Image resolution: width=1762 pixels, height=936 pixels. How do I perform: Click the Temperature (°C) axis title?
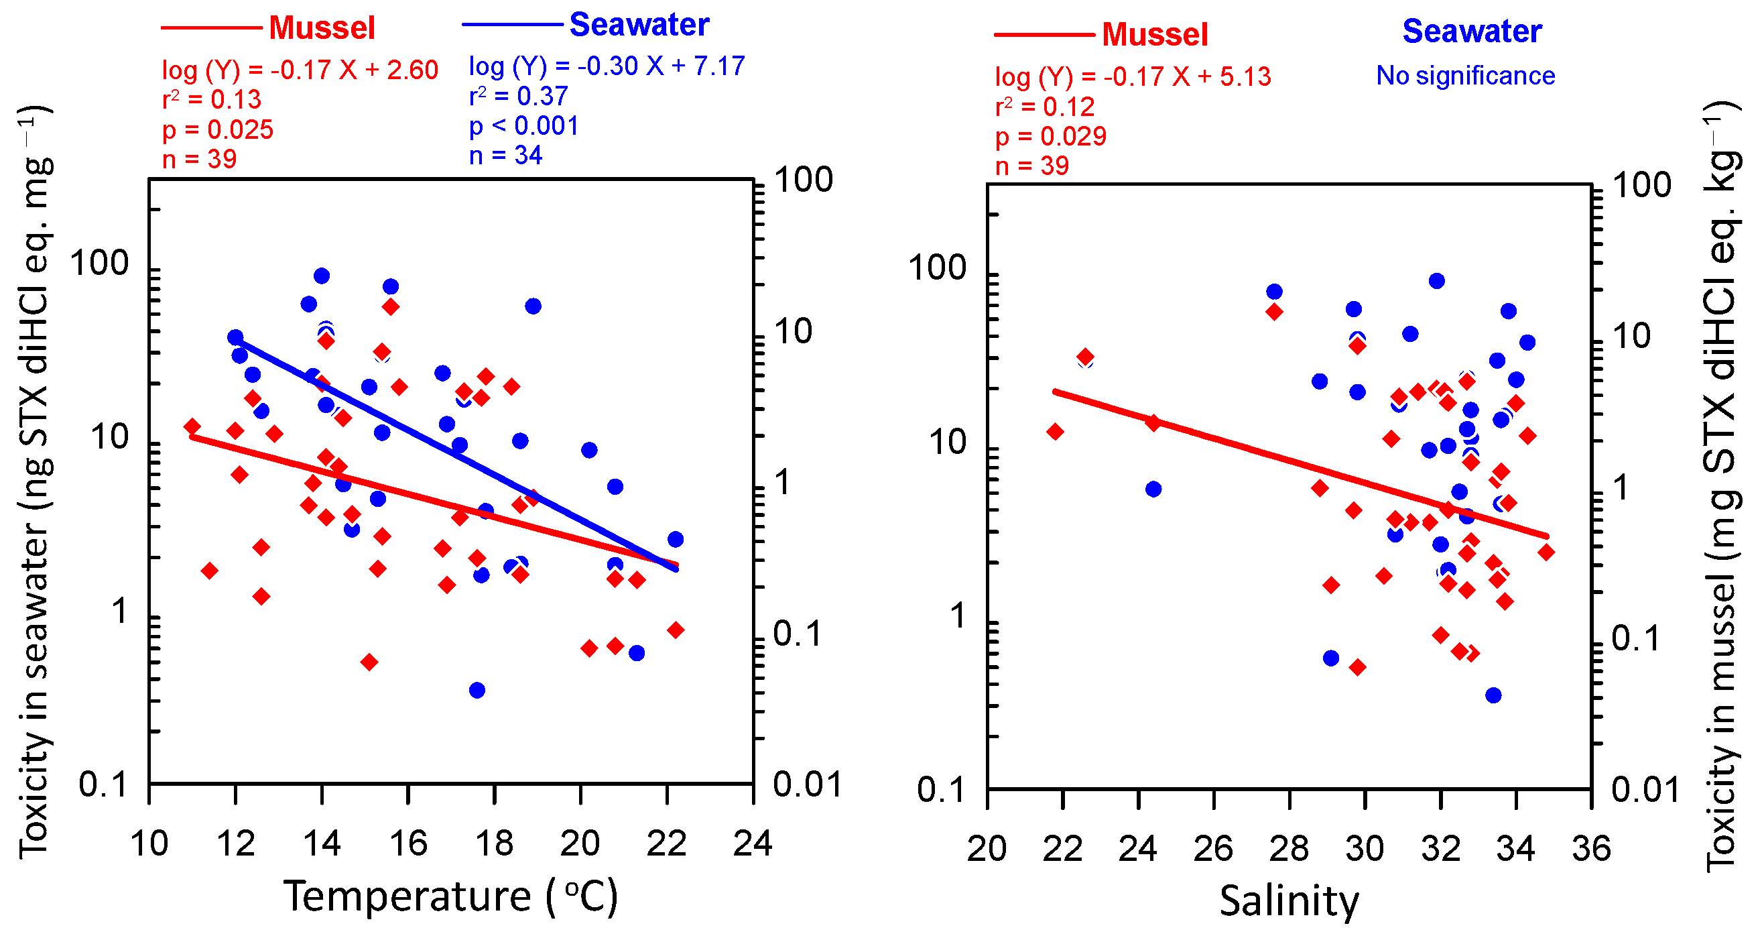point(451,896)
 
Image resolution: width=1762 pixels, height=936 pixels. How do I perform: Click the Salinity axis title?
point(1289,901)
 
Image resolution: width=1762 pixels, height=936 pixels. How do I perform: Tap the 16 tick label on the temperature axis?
point(408,843)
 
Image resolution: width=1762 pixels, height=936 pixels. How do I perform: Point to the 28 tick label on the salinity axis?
point(1289,848)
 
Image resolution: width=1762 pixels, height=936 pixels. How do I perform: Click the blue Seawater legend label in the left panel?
point(639,25)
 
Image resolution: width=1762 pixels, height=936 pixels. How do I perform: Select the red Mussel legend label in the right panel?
point(1155,35)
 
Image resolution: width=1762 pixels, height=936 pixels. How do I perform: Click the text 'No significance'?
point(1465,75)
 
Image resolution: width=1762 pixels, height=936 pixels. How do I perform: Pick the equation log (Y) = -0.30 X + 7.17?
point(606,66)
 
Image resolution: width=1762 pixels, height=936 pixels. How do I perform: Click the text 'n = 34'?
point(505,156)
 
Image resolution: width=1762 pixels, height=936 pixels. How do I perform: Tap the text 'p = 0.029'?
point(1050,136)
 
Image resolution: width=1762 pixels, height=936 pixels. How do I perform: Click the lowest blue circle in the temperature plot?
point(477,691)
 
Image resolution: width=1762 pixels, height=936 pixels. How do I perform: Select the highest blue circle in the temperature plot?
point(322,276)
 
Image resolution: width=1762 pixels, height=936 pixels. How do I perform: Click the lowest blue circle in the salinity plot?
point(1493,695)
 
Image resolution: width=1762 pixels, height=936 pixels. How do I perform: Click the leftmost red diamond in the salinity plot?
point(1056,431)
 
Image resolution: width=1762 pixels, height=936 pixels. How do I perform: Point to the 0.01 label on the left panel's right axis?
point(806,784)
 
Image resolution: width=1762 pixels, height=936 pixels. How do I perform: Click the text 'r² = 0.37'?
point(518,97)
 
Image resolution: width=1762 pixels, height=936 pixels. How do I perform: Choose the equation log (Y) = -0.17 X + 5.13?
point(1132,76)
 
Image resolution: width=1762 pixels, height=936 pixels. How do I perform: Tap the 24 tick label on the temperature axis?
point(753,843)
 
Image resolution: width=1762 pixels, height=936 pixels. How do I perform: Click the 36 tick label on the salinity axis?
point(1591,848)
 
